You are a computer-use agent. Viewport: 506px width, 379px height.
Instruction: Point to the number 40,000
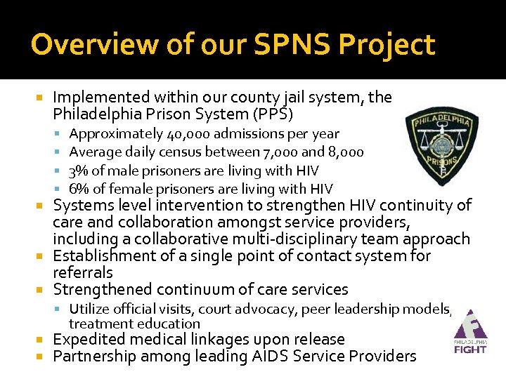[189, 133]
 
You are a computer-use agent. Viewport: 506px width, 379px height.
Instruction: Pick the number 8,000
[342, 152]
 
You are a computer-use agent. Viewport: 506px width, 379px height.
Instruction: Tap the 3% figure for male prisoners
[77, 171]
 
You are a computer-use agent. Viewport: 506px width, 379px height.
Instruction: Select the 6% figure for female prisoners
[77, 189]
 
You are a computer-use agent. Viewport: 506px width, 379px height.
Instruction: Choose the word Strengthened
[103, 289]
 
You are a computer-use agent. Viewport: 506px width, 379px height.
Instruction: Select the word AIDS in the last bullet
[270, 357]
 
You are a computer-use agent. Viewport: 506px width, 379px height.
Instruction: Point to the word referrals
[83, 272]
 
